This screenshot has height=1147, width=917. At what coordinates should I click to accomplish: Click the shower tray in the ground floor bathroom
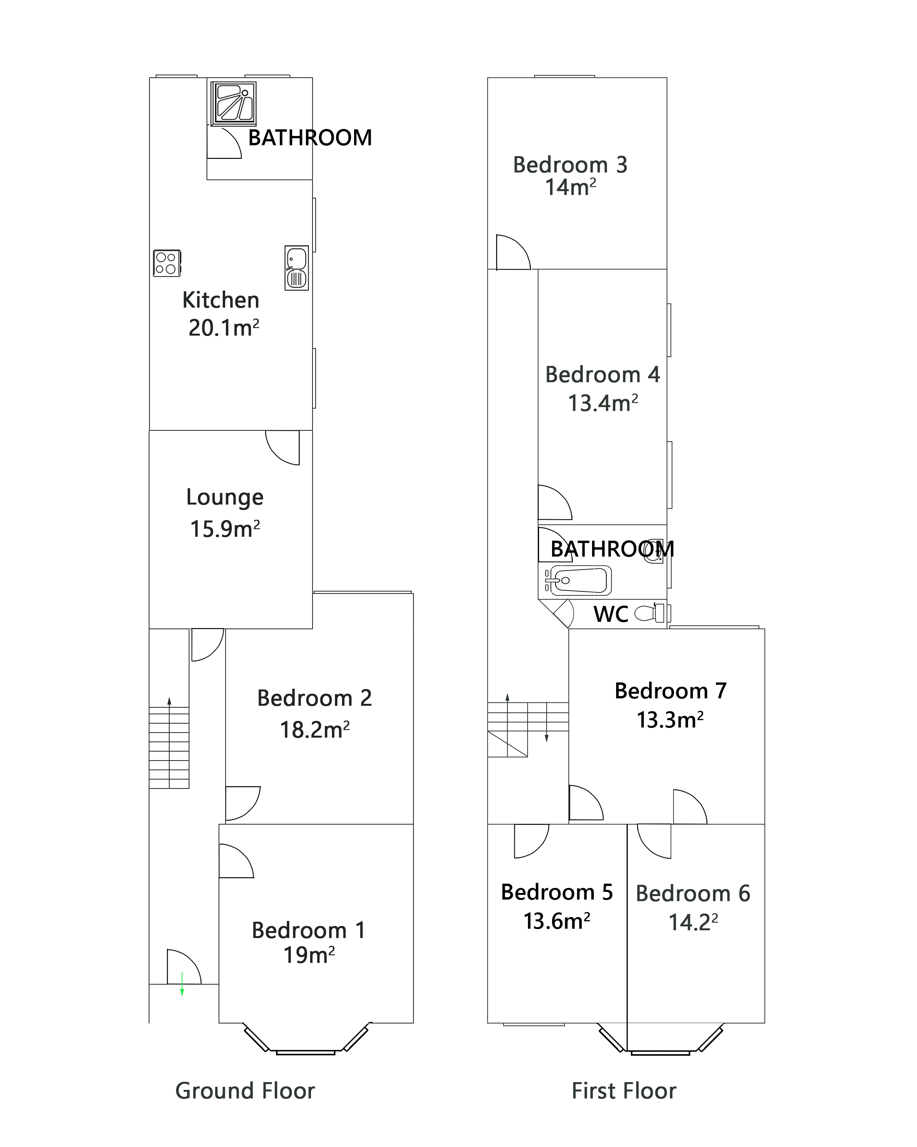click(x=233, y=104)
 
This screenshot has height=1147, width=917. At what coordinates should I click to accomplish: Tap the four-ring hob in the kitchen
click(x=167, y=263)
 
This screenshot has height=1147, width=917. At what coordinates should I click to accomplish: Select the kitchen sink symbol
click(x=297, y=268)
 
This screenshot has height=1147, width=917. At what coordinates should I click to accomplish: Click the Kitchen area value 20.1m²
click(x=224, y=328)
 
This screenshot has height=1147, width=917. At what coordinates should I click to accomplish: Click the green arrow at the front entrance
click(x=182, y=984)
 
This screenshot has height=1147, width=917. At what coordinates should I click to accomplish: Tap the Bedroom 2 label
click(x=314, y=698)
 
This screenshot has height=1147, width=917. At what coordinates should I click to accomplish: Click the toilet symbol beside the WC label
click(x=651, y=613)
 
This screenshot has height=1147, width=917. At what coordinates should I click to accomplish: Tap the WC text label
click(x=611, y=614)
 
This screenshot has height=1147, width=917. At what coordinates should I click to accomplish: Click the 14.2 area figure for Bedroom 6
click(x=693, y=922)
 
